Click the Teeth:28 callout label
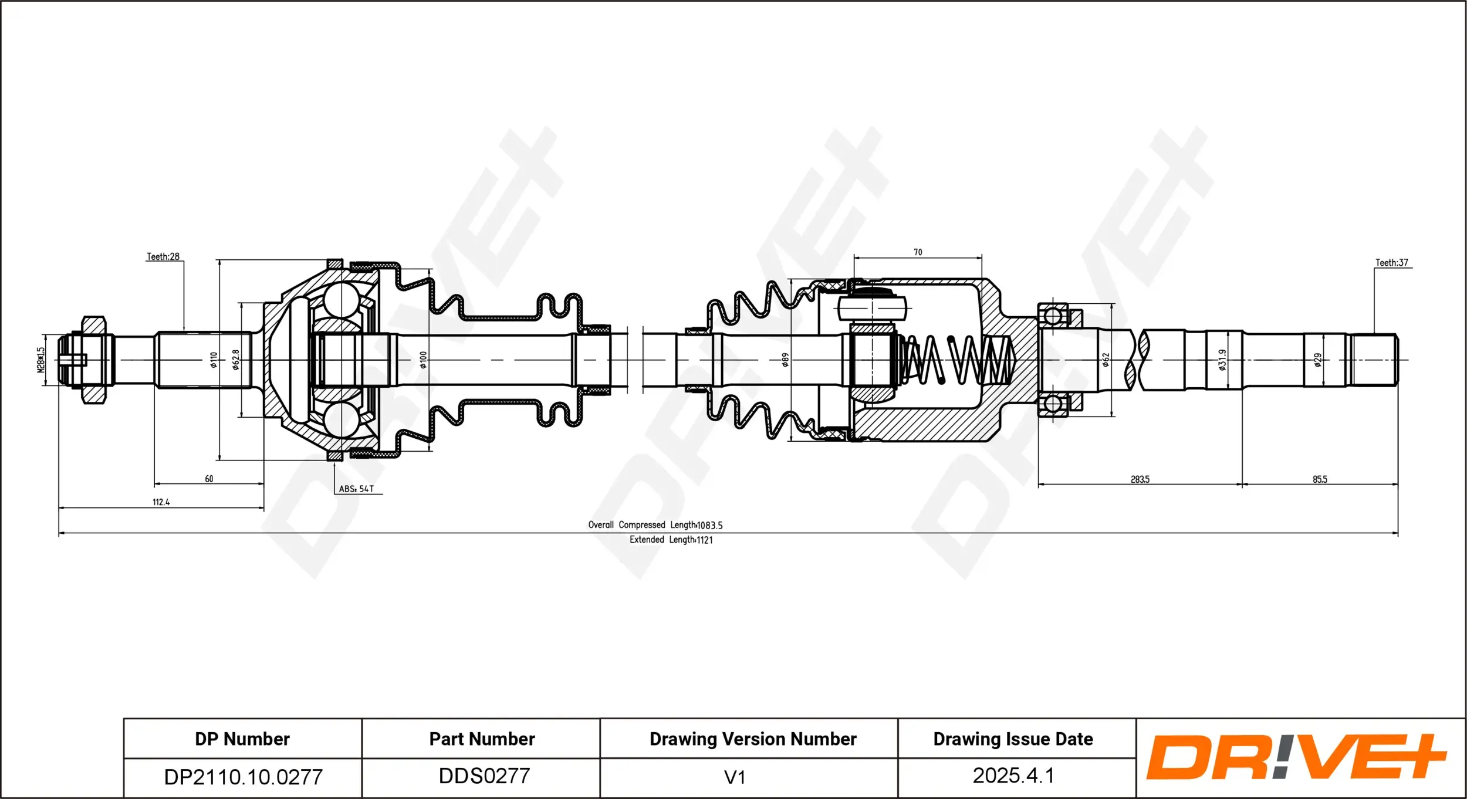pyautogui.click(x=163, y=256)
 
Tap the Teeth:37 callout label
pyautogui.click(x=1391, y=263)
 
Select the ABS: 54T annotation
pyautogui.click(x=356, y=489)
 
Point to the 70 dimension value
pyautogui.click(x=918, y=252)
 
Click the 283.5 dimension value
pyautogui.click(x=1140, y=479)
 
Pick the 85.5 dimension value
pyautogui.click(x=1320, y=479)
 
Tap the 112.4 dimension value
pyautogui.click(x=161, y=502)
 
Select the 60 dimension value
pyautogui.click(x=209, y=479)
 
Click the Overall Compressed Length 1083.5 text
pyautogui.click(x=655, y=525)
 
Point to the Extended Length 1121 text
pyautogui.click(x=671, y=540)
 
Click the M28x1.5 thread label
pyautogui.click(x=40, y=360)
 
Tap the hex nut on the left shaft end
pyautogui.click(x=94, y=360)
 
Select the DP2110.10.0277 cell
pyautogui.click(x=243, y=777)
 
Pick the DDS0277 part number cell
pyautogui.click(x=484, y=776)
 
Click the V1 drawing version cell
pyautogui.click(x=734, y=777)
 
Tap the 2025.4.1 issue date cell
pyautogui.click(x=1013, y=776)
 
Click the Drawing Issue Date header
pyautogui.click(x=1013, y=739)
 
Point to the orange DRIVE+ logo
pyautogui.click(x=1296, y=757)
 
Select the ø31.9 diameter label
pyautogui.click(x=1222, y=360)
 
